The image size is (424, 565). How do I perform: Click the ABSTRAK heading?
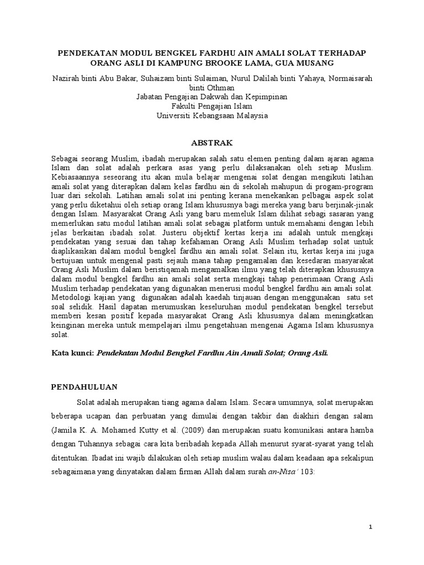pyautogui.click(x=212, y=142)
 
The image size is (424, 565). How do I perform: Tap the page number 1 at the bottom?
pyautogui.click(x=372, y=527)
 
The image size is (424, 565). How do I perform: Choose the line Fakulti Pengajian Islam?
pyautogui.click(x=212, y=106)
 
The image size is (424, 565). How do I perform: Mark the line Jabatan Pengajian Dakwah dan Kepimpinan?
pyautogui.click(x=212, y=97)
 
